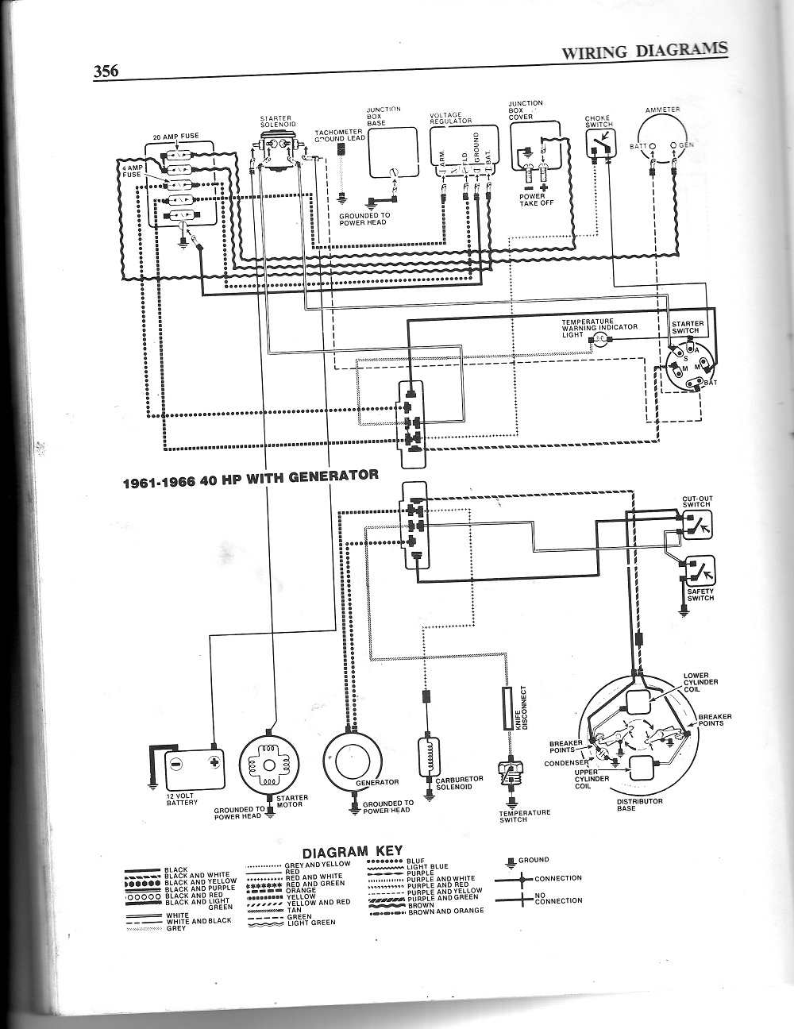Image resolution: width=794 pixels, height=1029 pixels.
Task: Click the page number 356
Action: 106,71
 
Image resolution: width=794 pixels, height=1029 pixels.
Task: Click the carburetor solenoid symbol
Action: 428,758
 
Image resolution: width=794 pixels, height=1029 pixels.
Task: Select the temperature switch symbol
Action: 506,775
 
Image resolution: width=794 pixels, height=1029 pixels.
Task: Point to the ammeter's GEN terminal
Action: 673,146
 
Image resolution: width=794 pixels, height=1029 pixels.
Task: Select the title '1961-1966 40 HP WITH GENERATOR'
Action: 249,476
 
